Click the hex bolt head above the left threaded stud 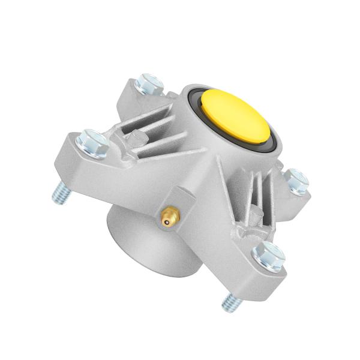pyautogui.click(x=92, y=142)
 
